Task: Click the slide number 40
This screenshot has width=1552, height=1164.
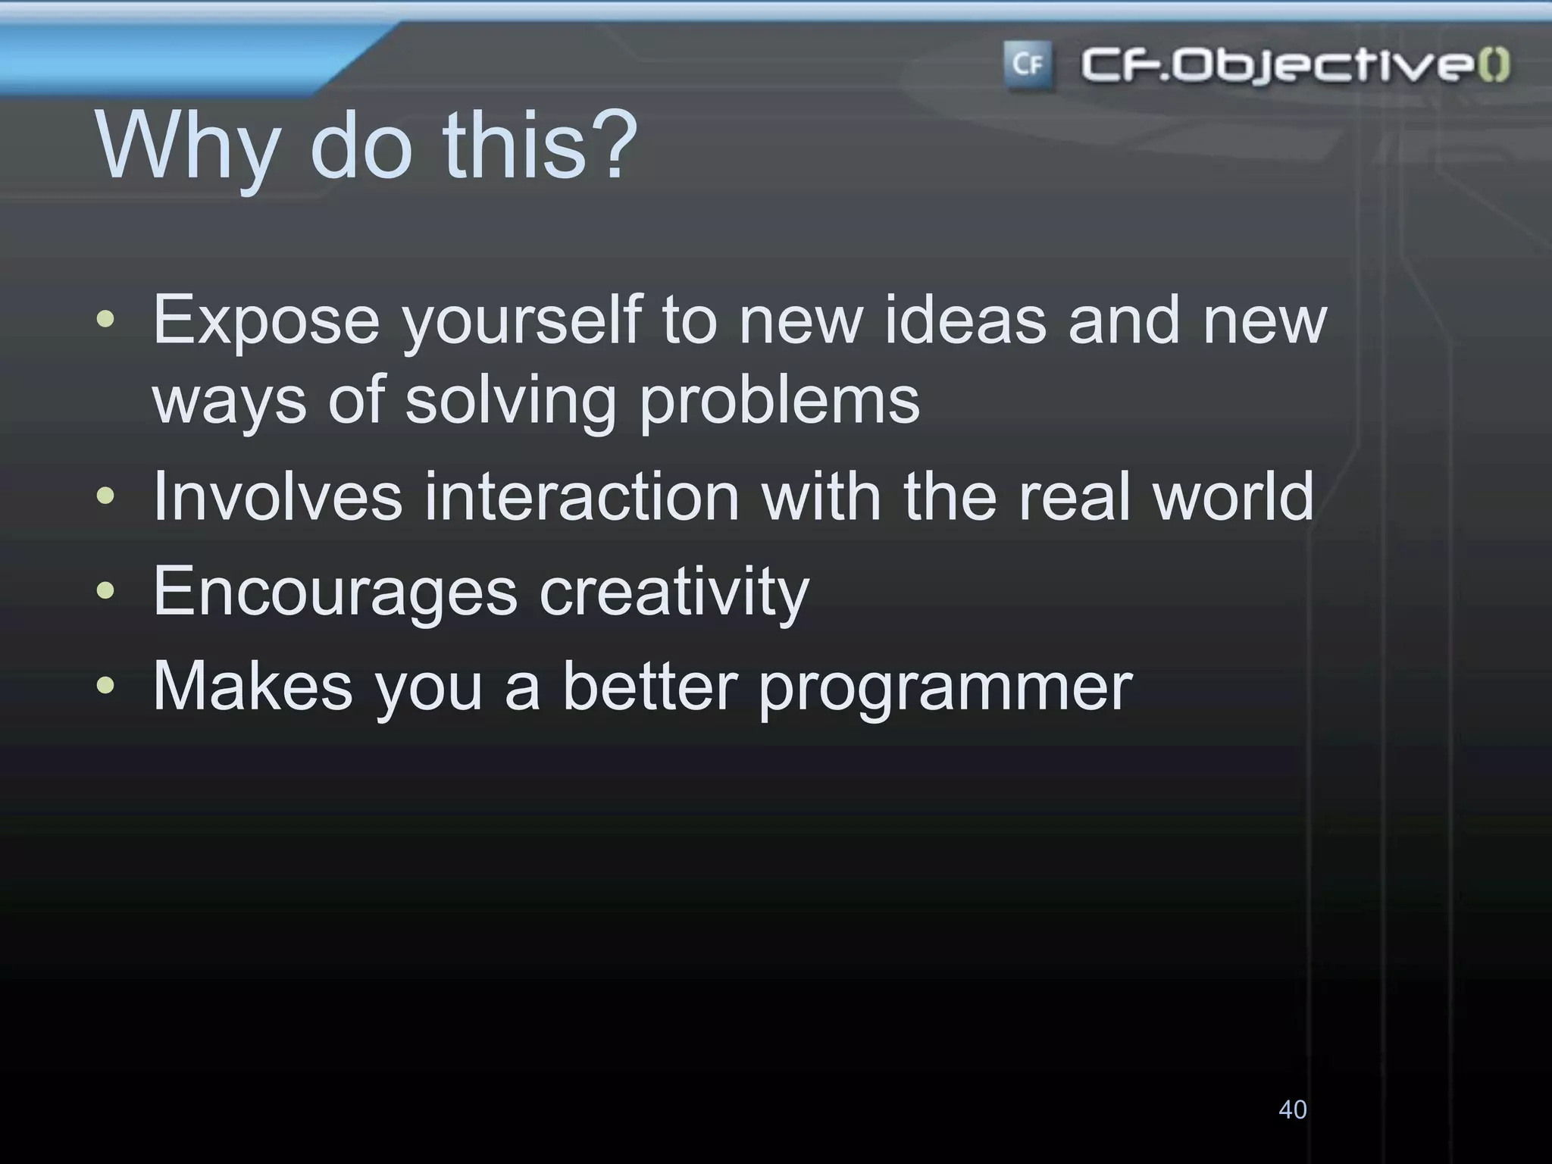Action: click(1292, 1109)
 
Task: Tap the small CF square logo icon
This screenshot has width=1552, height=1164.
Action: click(1028, 65)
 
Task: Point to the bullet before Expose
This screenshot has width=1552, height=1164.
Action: click(106, 321)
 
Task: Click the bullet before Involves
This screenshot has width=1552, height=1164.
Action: click(106, 497)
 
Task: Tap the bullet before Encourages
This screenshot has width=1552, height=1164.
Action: click(106, 591)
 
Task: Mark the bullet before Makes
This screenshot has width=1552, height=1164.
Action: click(106, 686)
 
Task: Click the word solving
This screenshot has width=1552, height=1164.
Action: click(511, 402)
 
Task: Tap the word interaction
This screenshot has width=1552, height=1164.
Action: click(581, 497)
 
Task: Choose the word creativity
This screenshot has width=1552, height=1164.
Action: click(674, 593)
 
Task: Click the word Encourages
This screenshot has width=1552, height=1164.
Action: click(335, 593)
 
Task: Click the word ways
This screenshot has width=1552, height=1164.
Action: click(229, 402)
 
